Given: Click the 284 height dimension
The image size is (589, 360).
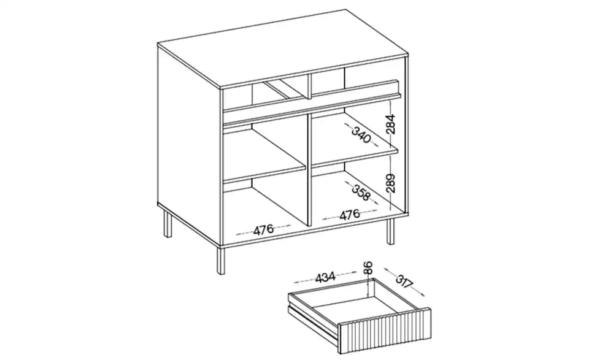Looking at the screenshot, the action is [391, 124].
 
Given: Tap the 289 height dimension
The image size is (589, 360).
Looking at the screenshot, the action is [391, 183].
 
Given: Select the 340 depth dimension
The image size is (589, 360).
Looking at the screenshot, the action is [361, 135].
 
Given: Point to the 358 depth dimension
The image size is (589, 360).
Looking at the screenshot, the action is [361, 192].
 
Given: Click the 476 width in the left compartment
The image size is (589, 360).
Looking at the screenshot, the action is [263, 230].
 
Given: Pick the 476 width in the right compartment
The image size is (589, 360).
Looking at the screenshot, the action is [350, 215].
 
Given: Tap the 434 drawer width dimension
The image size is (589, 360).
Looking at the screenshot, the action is [325, 277].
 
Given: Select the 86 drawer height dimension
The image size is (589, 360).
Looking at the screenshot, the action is [368, 267].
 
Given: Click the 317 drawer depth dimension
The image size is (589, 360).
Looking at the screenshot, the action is [404, 282].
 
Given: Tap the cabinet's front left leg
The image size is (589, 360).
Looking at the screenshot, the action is [220, 260].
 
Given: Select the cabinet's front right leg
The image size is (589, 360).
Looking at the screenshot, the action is [391, 232].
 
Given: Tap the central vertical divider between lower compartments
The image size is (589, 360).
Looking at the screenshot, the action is [309, 169].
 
